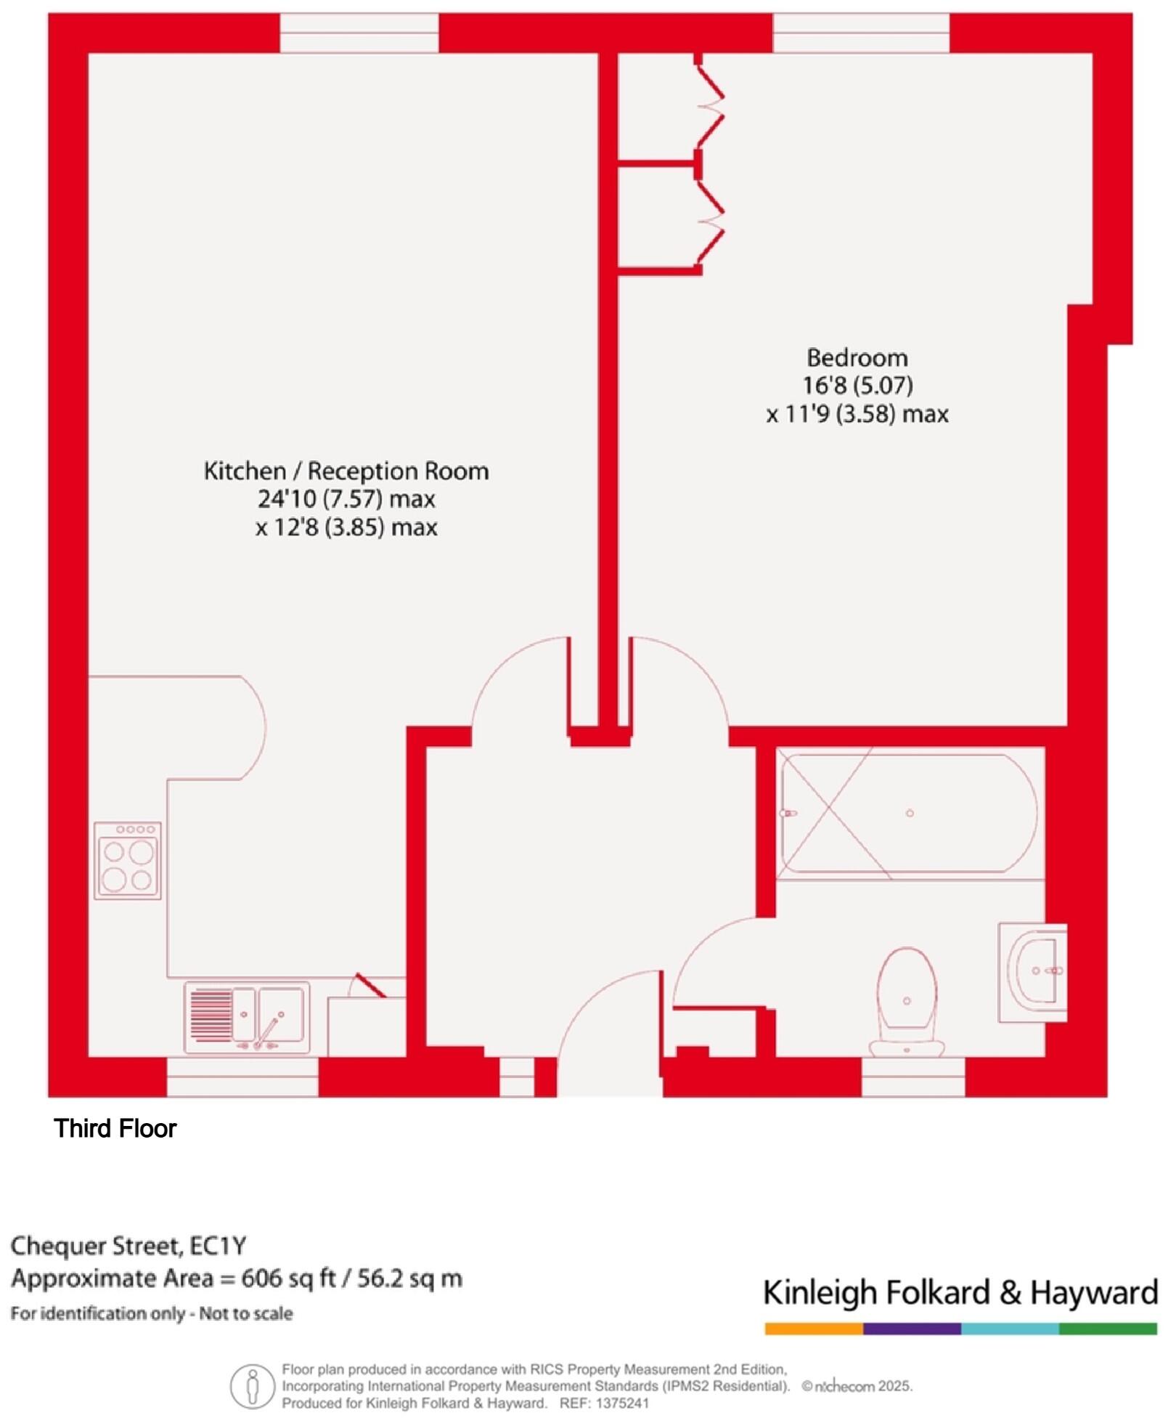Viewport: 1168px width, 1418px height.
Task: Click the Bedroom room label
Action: pyautogui.click(x=857, y=358)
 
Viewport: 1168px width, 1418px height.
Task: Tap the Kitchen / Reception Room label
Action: pyautogui.click(x=346, y=471)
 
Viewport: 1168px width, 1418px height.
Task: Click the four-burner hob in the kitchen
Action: pyautogui.click(x=128, y=860)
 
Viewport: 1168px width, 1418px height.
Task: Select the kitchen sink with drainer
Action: pyautogui.click(x=247, y=1017)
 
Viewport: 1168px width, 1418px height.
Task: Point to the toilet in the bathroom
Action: pyautogui.click(x=907, y=1002)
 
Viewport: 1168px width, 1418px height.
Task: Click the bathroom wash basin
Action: pyautogui.click(x=1033, y=973)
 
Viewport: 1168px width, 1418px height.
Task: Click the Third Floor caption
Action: pyautogui.click(x=115, y=1128)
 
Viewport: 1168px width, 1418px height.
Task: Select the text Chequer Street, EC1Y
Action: pyautogui.click(x=128, y=1246)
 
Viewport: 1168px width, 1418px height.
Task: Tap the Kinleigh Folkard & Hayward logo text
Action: pyautogui.click(x=960, y=1294)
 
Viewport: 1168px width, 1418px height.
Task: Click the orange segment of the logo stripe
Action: pyautogui.click(x=814, y=1329)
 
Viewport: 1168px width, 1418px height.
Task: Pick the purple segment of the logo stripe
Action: pyautogui.click(x=912, y=1329)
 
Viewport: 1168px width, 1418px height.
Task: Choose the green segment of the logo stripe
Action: pyautogui.click(x=1108, y=1329)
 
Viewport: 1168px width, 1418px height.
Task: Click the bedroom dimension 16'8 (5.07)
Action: pyautogui.click(x=857, y=386)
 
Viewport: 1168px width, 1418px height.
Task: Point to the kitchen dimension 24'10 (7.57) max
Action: pyautogui.click(x=346, y=499)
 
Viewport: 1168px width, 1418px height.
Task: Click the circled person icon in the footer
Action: pyautogui.click(x=252, y=1386)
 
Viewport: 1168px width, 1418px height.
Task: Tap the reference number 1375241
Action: pyautogui.click(x=622, y=1403)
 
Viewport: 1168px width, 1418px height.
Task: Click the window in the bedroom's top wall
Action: pyautogui.click(x=861, y=33)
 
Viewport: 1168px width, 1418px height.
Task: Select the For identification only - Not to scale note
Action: pyautogui.click(x=152, y=1313)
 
